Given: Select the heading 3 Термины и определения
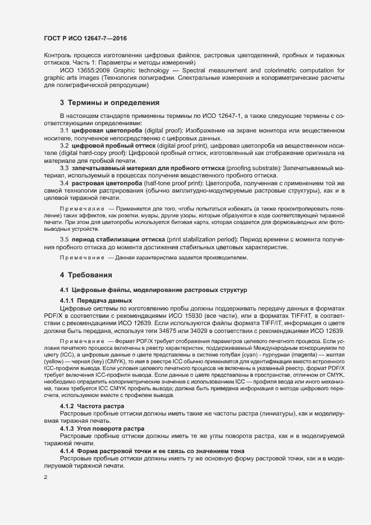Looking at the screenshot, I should coord(102,103).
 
